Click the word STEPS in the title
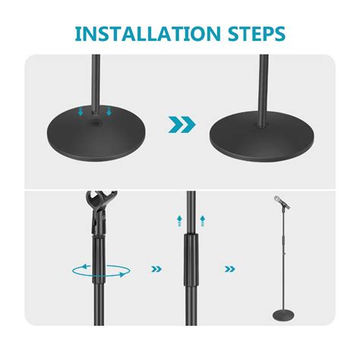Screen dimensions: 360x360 pyautogui.click(x=254, y=34)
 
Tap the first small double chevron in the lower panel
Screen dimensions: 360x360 pyautogui.click(x=157, y=268)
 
